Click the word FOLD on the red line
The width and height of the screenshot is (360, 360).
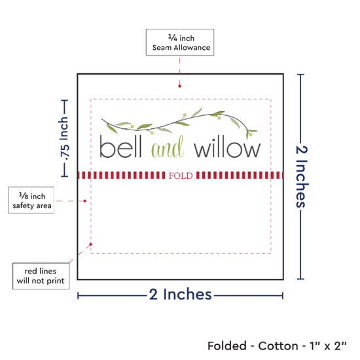[181, 175]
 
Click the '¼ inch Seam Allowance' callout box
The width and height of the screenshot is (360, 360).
[180, 43]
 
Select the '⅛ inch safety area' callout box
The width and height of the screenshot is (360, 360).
[31, 200]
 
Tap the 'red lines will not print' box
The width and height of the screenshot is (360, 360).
[41, 276]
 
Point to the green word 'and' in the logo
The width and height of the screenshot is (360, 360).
[168, 147]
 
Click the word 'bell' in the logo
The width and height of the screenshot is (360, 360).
[120, 147]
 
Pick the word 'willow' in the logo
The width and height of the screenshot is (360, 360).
[227, 148]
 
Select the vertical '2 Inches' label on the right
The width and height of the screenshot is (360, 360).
[301, 177]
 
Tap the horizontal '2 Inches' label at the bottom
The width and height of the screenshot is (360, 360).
[181, 294]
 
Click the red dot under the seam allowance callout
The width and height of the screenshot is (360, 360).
[179, 86]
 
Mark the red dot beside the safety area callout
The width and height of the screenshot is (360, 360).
[84, 201]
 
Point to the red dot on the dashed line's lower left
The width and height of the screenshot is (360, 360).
[91, 244]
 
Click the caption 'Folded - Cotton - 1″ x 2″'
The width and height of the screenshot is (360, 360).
[277, 346]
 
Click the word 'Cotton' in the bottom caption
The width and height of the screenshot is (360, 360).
[278, 346]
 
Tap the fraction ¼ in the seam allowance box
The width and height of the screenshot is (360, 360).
[173, 37]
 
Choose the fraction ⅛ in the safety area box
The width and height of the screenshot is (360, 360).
[24, 196]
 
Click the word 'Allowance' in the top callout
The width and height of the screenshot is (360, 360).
[192, 48]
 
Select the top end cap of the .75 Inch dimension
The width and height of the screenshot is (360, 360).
[65, 100]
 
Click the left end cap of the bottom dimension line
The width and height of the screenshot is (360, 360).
[78, 296]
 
